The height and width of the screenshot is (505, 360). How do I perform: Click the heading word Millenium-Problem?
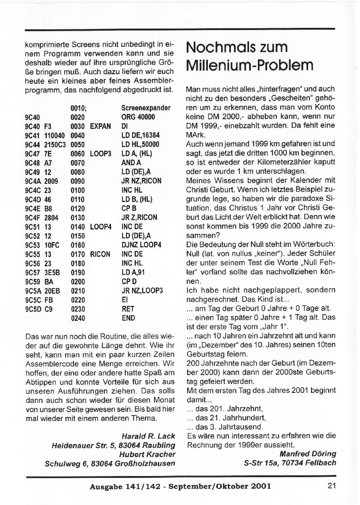tap(250, 65)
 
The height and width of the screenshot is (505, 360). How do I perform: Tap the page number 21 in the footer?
tap(332, 485)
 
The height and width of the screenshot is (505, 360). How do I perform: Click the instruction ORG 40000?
tap(138, 117)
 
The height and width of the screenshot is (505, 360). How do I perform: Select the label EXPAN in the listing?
tap(100, 126)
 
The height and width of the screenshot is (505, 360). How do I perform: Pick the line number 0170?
tap(78, 254)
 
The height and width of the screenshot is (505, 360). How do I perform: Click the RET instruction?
tap(128, 309)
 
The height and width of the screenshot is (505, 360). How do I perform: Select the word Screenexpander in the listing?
tap(146, 108)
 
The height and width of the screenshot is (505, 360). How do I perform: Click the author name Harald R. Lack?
tap(148, 436)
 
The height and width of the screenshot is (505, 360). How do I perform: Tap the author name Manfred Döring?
tap(308, 453)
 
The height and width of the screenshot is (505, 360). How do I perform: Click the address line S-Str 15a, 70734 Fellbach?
tap(290, 463)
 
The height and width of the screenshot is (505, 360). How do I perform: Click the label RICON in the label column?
tap(100, 254)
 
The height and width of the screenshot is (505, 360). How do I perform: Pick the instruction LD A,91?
tap(133, 273)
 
